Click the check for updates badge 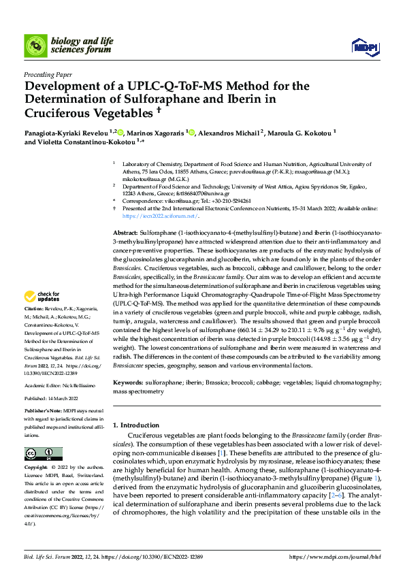pyautogui.click(x=39, y=296)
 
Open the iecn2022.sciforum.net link pyautogui.click(x=160, y=216)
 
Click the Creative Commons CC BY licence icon pyautogui.click(x=39, y=454)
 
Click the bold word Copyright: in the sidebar pyautogui.click(x=37, y=468)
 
